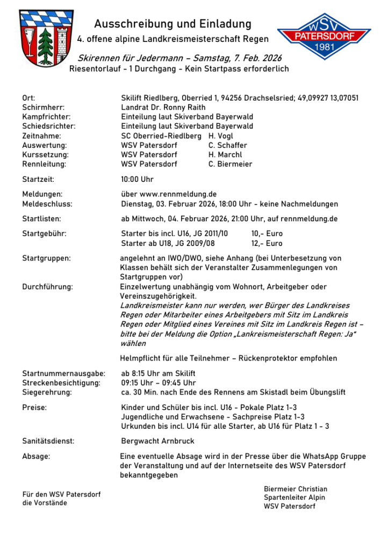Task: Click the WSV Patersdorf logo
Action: click(324, 37)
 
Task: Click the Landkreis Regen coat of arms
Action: click(46, 37)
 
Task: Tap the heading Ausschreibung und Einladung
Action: click(173, 24)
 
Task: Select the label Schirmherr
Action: click(42, 107)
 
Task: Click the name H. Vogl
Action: click(221, 136)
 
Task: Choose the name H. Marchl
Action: click(225, 154)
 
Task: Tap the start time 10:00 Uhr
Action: click(138, 179)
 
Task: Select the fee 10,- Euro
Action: click(267, 234)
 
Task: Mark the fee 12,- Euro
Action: click(267, 243)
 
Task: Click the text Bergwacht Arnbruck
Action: click(158, 441)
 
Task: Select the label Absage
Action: click(36, 456)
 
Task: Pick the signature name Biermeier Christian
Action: click(295, 489)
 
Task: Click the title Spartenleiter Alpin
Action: click(294, 497)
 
